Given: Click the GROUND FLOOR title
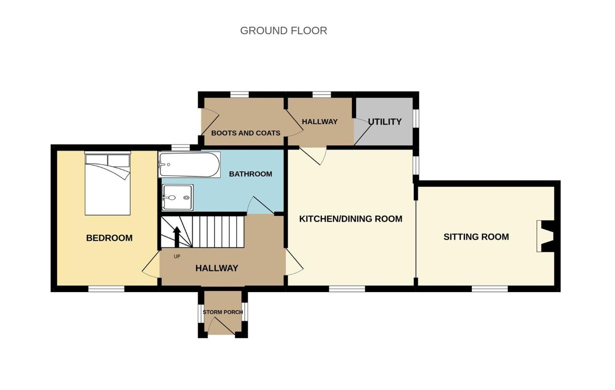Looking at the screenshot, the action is tap(283, 31).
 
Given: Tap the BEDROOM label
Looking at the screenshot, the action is tap(109, 238).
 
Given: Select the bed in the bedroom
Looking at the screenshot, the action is tap(108, 183).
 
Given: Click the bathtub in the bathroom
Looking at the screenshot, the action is tap(189, 165).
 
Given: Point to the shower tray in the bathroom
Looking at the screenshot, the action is tap(178, 197).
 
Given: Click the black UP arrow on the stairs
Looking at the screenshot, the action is tap(177, 237).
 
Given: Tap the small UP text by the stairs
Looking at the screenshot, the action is tap(177, 256).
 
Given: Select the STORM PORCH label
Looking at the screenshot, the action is tap(223, 312).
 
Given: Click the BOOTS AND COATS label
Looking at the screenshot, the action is tap(246, 133).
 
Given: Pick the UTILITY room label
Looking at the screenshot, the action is tap(385, 122).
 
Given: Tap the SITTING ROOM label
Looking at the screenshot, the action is tap(476, 237).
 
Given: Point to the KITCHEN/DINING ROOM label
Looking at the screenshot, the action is tap(351, 219).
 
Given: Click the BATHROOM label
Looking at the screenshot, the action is tap(250, 174).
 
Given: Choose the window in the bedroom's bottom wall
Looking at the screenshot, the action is tap(106, 289).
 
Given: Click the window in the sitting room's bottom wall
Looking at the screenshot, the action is tap(490, 289).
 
